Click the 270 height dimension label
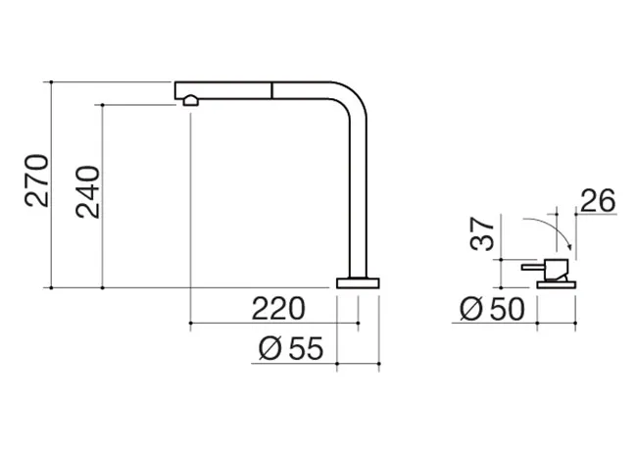36,180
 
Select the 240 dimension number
87,192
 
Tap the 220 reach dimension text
278,309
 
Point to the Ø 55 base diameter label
291,348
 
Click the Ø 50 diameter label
492,309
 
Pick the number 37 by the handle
482,233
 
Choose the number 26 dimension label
598,201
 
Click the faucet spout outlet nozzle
190,100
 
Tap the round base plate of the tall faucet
358,283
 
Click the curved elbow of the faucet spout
352,97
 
